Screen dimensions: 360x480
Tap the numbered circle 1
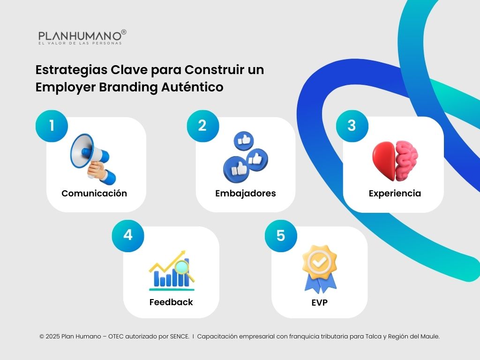coord(52,126)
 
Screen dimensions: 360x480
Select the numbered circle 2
coord(202,126)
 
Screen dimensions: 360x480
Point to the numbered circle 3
coord(352,126)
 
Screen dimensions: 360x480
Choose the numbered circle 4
coord(127,235)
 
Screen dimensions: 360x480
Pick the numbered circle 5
coord(280,235)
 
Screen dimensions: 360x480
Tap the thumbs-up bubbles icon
coord(245,156)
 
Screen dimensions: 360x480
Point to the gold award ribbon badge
coord(319,268)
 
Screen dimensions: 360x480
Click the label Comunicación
coord(94,194)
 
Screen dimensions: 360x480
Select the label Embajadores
coord(245,194)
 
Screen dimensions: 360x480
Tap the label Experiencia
coord(395,194)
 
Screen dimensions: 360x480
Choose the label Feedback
coord(171,302)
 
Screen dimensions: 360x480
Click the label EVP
coord(319,303)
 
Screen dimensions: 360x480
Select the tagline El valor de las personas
coord(80,43)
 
